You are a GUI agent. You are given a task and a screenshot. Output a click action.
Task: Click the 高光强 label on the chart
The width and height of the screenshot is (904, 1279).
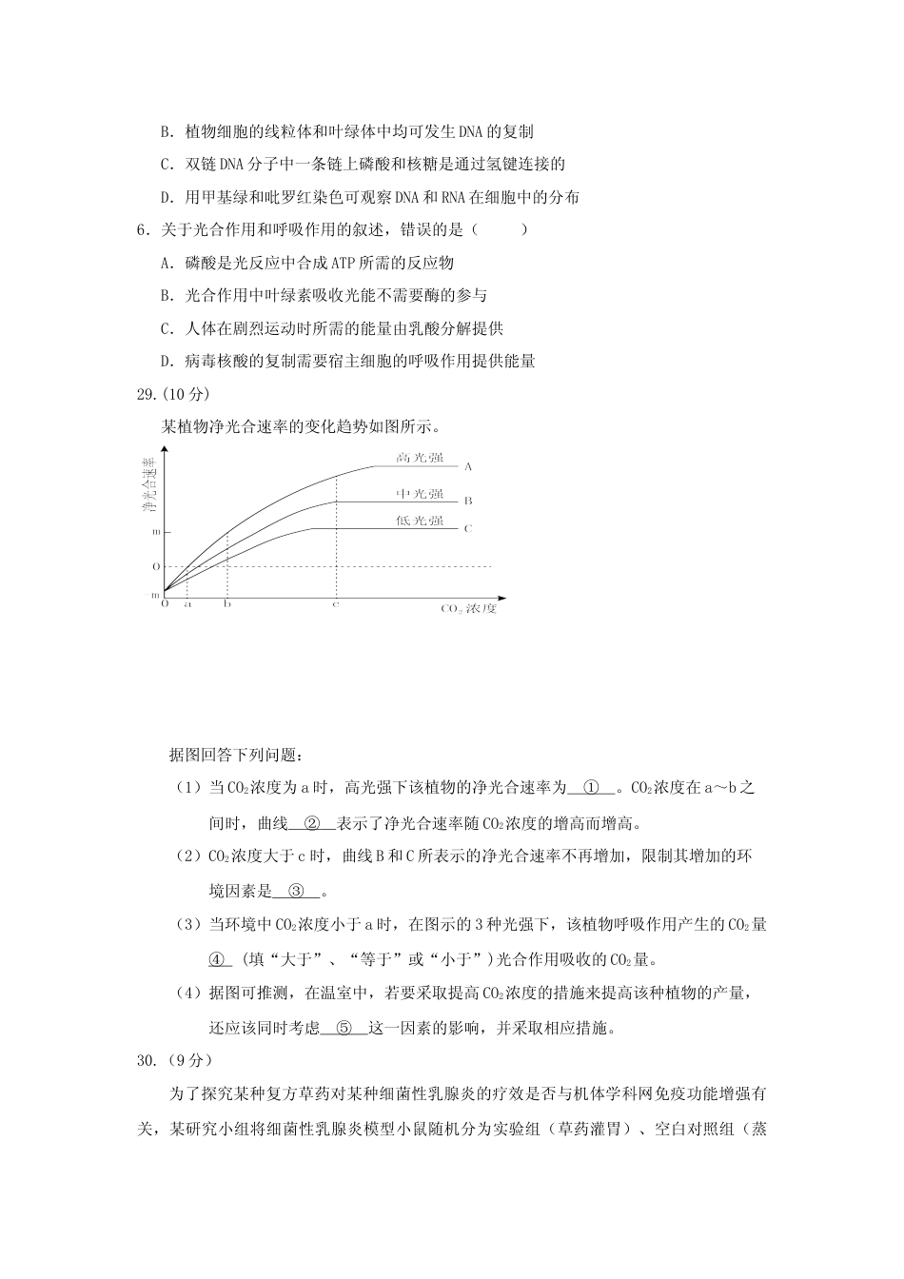click(420, 458)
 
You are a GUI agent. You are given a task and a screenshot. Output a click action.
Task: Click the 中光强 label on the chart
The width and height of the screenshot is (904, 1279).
click(420, 493)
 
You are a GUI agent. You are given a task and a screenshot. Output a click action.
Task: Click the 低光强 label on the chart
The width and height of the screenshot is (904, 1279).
click(420, 521)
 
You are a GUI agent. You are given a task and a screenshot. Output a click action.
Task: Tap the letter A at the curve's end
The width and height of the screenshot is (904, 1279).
click(468, 467)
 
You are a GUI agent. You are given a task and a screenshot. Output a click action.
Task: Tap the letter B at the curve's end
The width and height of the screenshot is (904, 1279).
click(468, 501)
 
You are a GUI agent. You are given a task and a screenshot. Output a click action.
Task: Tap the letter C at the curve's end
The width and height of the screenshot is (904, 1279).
click(468, 528)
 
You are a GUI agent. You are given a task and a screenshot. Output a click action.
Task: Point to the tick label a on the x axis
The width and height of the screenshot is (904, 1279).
click(187, 603)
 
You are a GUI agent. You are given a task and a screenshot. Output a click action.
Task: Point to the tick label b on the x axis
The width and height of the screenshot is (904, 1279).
click(226, 603)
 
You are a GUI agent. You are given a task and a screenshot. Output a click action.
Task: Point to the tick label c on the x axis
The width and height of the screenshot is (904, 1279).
click(335, 603)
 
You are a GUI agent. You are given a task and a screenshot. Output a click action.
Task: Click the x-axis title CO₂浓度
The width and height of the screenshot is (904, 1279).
click(468, 608)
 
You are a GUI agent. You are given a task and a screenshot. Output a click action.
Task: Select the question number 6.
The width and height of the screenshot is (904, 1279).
click(144, 229)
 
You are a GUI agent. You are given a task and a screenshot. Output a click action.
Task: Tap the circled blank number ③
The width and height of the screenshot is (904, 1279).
click(296, 891)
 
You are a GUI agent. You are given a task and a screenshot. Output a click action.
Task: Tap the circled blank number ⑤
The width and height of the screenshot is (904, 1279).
click(344, 1028)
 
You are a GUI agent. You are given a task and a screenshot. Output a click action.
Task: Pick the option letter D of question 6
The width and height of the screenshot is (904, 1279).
click(167, 361)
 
